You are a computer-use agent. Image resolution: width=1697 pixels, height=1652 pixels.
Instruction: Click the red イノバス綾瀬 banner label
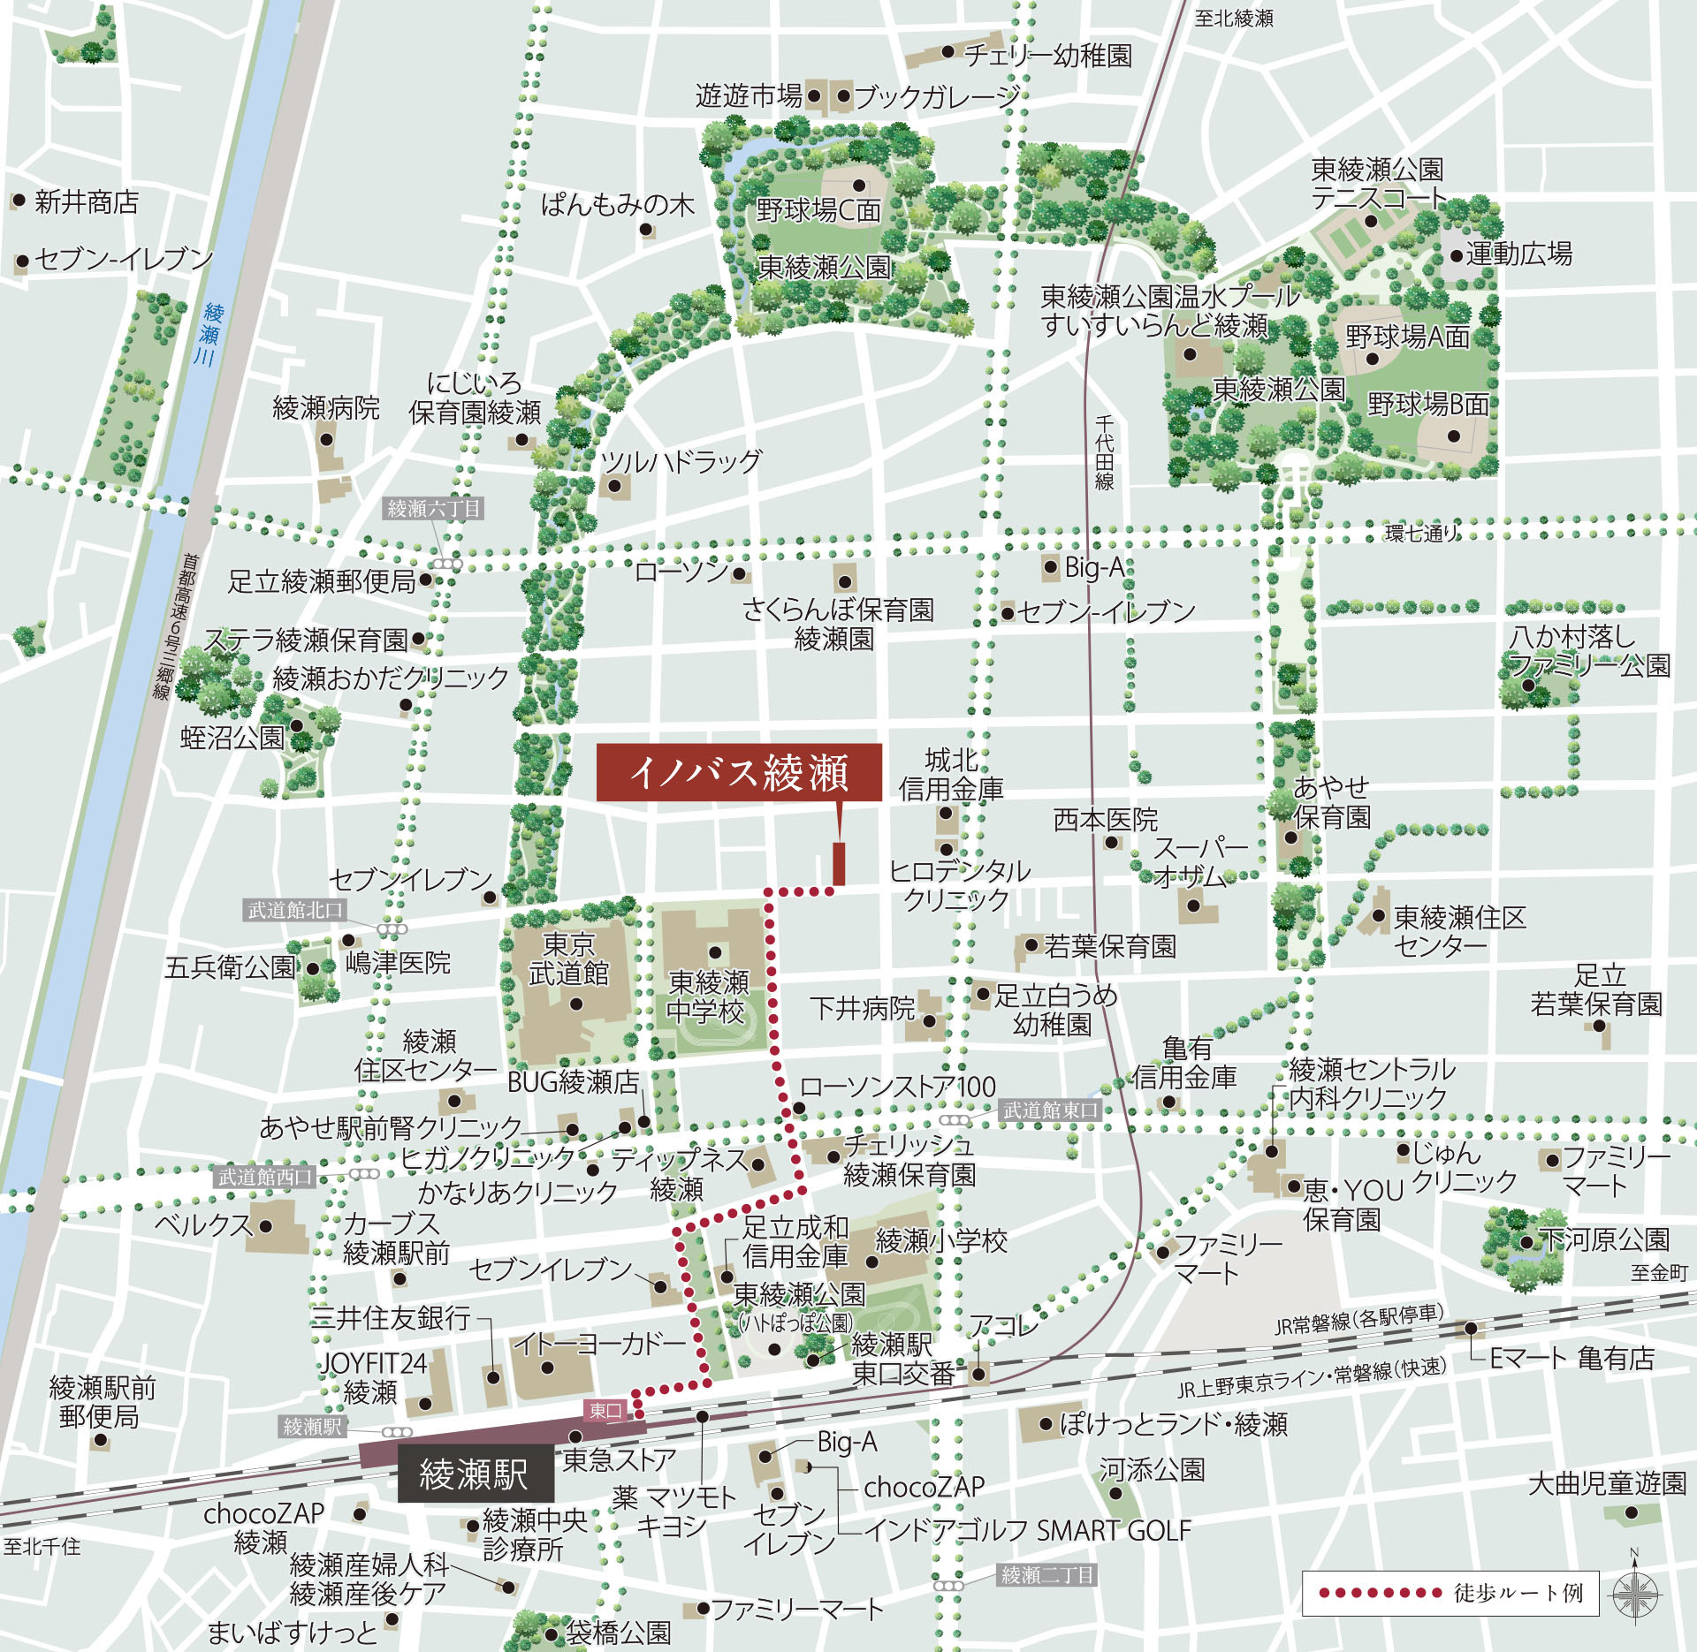point(739,772)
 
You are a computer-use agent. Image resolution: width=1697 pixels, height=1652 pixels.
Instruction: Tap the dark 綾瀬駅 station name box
point(475,1474)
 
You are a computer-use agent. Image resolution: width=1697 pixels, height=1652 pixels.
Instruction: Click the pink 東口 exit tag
point(605,1411)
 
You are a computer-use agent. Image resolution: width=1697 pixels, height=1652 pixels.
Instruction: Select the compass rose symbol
point(1634,1595)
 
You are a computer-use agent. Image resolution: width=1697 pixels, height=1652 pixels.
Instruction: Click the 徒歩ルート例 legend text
point(1518,1593)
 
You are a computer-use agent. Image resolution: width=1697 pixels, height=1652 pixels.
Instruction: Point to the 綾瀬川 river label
point(209,334)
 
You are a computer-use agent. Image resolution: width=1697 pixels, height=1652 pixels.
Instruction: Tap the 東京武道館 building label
point(568,959)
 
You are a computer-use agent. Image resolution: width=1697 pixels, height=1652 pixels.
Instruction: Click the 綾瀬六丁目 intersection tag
point(434,509)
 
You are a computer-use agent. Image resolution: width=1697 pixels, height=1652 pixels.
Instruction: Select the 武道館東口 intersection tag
point(1050,1110)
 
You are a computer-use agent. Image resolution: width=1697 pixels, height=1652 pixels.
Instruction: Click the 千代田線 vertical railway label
point(1105,452)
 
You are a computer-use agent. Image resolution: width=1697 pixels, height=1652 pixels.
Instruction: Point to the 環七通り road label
point(1420,533)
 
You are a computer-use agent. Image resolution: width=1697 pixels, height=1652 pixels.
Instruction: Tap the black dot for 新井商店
point(19,201)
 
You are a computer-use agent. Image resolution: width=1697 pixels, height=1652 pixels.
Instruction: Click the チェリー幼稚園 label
point(1048,56)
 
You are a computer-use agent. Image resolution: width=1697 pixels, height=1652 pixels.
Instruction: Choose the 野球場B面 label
point(1428,405)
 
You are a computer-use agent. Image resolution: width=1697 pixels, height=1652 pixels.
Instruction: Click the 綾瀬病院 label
point(326,408)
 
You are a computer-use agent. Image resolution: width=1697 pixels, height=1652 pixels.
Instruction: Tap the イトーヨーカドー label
point(599,1345)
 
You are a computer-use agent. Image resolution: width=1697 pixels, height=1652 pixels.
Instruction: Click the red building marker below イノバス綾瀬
point(839,863)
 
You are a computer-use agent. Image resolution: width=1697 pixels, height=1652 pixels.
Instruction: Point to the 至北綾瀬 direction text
point(1234,19)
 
